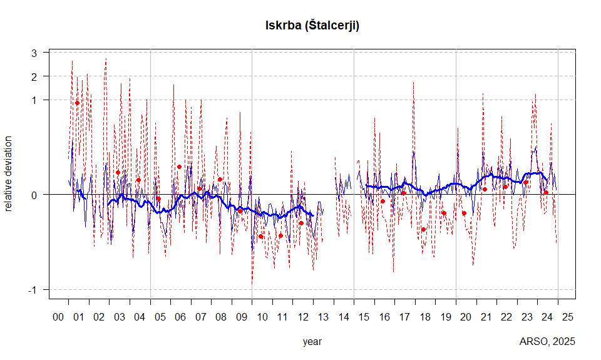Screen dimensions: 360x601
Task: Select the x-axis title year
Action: pyautogui.click(x=312, y=342)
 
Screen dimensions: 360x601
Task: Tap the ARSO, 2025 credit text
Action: pyautogui.click(x=547, y=342)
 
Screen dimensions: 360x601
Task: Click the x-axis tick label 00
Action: pyautogui.click(x=58, y=317)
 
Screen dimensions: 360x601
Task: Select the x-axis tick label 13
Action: pyautogui.click(x=323, y=317)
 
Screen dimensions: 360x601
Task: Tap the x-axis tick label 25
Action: pyautogui.click(x=568, y=317)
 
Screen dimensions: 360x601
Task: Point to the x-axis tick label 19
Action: pyautogui.click(x=446, y=317)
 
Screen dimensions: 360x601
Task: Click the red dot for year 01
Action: pyautogui.click(x=78, y=103)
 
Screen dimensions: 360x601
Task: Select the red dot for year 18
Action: pyautogui.click(x=424, y=230)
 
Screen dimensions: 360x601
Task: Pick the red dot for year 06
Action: pyautogui.click(x=179, y=167)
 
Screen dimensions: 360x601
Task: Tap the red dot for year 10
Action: pyautogui.click(x=260, y=237)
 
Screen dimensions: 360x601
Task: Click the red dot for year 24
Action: pyautogui.click(x=546, y=192)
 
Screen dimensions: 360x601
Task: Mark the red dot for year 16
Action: pyautogui.click(x=383, y=201)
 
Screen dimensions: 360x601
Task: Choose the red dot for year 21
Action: pyautogui.click(x=485, y=189)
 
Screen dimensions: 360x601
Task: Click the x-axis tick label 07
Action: pyautogui.click(x=201, y=317)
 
